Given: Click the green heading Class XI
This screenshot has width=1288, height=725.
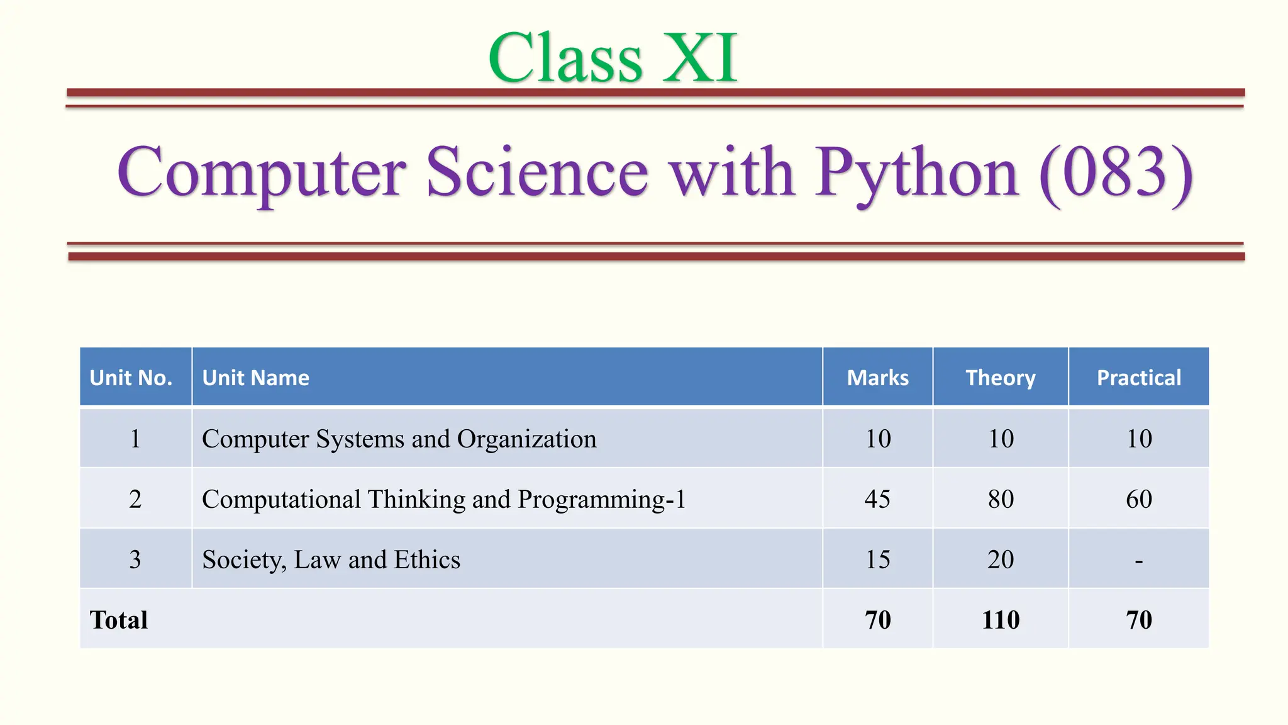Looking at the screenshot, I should click(613, 58).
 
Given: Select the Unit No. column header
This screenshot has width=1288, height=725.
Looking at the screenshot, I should click(131, 378).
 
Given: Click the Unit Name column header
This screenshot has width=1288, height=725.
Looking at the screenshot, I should click(255, 378).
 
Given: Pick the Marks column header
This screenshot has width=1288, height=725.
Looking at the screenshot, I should click(877, 378).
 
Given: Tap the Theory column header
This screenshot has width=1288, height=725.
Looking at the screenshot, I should click(1000, 378).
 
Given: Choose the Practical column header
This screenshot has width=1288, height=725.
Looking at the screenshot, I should click(1138, 378).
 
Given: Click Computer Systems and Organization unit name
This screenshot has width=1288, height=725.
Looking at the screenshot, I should click(399, 439).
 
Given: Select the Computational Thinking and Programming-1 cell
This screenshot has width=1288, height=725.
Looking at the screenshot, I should click(443, 499).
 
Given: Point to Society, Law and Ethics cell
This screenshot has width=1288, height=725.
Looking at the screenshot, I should click(331, 559).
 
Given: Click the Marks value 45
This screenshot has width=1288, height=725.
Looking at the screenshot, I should click(877, 499).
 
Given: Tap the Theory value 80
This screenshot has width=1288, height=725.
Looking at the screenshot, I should click(1001, 499).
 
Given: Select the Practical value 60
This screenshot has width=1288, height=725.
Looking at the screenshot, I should click(1138, 499).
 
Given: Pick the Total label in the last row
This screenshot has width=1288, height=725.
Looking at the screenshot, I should click(119, 620).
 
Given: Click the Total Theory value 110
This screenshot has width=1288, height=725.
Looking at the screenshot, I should click(1001, 620).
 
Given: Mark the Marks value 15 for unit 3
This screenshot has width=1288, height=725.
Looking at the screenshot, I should click(877, 559).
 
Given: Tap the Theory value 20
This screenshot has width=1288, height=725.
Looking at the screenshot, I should click(1001, 559).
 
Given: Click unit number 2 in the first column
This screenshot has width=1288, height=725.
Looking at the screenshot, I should click(135, 499).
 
